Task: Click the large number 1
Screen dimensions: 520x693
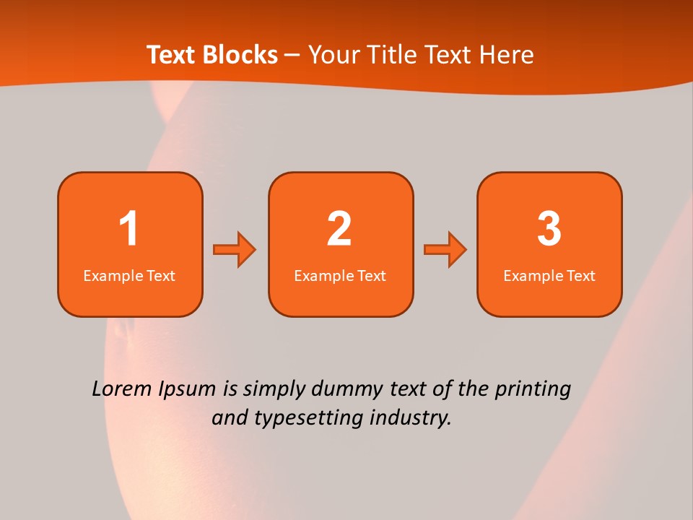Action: pyautogui.click(x=128, y=229)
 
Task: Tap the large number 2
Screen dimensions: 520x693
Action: pyautogui.click(x=339, y=229)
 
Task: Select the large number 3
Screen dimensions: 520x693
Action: pyautogui.click(x=549, y=229)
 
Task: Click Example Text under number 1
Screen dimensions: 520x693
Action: pyautogui.click(x=129, y=276)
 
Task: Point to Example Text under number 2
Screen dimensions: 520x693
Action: pyautogui.click(x=340, y=276)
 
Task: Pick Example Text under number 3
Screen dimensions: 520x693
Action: pyautogui.click(x=549, y=276)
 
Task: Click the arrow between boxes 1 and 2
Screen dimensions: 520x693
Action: pyautogui.click(x=235, y=250)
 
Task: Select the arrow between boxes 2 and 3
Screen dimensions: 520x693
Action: pyautogui.click(x=445, y=250)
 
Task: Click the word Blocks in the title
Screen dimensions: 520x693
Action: pyautogui.click(x=241, y=55)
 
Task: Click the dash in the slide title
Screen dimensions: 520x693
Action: pyautogui.click(x=292, y=56)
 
